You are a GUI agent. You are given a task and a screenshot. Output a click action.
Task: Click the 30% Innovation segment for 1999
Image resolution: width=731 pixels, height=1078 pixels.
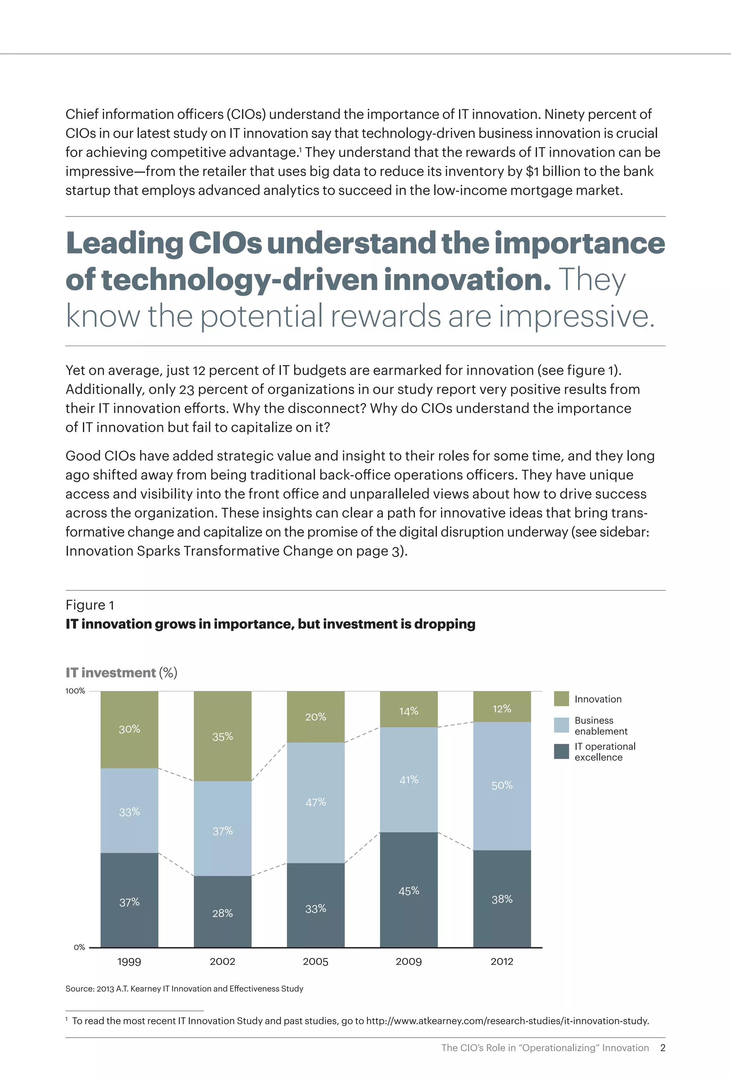[x=129, y=730]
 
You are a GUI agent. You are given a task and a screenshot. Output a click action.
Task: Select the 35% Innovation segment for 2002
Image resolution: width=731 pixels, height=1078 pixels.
[x=222, y=737]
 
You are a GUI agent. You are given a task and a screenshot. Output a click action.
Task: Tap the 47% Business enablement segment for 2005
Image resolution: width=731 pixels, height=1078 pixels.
[x=316, y=803]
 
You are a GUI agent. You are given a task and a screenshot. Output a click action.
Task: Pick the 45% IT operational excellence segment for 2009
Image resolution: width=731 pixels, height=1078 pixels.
[x=409, y=890]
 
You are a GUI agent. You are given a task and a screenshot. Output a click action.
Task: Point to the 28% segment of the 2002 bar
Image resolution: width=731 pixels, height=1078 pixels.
[x=222, y=913]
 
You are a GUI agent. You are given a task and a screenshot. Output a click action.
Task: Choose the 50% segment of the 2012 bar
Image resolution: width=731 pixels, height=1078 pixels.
[x=502, y=786]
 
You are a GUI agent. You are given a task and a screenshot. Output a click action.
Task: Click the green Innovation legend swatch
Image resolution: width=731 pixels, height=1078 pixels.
[x=561, y=699]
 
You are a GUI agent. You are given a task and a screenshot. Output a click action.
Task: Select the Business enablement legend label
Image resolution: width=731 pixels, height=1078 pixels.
[x=601, y=725]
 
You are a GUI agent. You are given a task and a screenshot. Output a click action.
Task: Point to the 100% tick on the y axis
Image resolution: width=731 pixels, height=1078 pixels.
[x=75, y=691]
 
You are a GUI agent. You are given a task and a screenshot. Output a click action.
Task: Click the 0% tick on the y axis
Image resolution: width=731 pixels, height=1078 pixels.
[x=79, y=947]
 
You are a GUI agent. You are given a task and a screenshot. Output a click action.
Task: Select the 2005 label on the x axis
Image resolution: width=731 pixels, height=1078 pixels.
[x=316, y=962]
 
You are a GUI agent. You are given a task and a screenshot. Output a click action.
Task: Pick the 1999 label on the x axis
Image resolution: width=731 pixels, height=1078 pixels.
[x=129, y=962]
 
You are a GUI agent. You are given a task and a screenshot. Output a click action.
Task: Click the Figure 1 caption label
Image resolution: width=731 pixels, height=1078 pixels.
[x=90, y=605]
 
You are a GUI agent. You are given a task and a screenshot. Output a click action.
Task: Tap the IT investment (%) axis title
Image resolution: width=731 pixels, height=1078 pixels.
[x=121, y=673]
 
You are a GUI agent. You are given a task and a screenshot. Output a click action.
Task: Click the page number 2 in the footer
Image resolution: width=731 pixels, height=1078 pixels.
[x=663, y=1048]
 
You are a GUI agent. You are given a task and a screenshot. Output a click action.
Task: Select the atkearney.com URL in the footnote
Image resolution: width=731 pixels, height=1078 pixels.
[x=508, y=1021]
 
